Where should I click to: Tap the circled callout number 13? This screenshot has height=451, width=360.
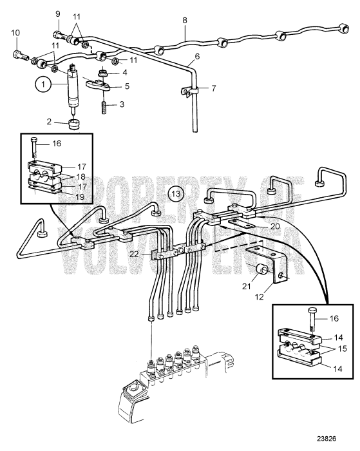pos(175,193)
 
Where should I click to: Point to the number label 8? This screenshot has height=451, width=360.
pos(184,21)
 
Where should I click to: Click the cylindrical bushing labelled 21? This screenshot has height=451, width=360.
pos(262,267)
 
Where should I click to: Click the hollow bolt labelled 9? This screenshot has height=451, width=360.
pos(59,27)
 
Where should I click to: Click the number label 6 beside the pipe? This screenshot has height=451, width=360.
pos(196,57)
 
